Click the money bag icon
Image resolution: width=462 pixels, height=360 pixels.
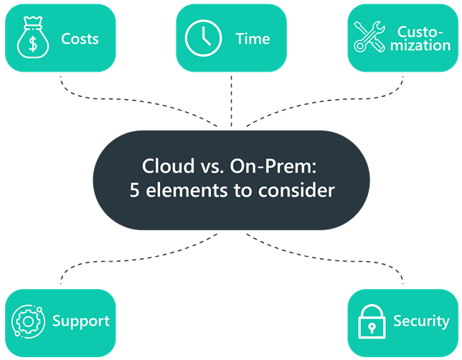point(33,37)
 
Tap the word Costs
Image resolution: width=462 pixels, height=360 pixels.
point(80,39)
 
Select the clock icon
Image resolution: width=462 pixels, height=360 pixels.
point(203,38)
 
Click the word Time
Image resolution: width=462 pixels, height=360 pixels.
point(253,39)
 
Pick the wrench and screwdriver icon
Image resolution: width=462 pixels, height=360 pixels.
point(369,37)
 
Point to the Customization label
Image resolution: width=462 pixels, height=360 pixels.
point(420,39)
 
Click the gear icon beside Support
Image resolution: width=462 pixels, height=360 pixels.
point(28,321)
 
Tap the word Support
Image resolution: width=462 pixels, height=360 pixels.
point(81,321)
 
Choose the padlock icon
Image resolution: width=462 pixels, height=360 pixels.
point(372,321)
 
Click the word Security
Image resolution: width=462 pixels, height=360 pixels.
point(421,321)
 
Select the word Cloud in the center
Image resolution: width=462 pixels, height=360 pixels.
point(169,166)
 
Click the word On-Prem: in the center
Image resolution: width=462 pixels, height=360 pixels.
point(273,166)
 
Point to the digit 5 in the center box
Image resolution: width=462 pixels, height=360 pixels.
point(134,190)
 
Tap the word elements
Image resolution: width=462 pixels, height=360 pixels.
point(187,190)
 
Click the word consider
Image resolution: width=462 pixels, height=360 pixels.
point(296,190)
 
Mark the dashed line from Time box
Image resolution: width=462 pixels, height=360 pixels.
point(231,101)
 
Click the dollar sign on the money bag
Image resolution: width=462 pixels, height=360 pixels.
point(33,43)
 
